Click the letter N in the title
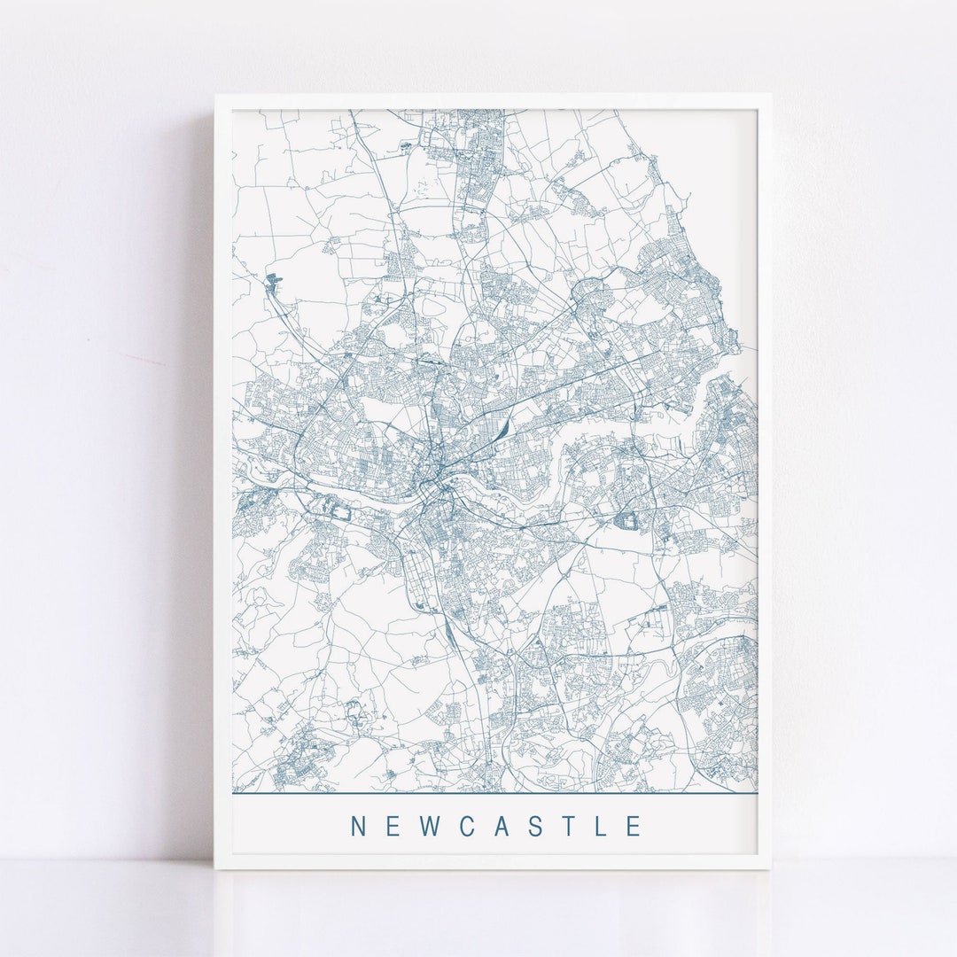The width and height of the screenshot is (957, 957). tap(359, 826)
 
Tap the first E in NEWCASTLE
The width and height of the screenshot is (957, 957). tap(393, 826)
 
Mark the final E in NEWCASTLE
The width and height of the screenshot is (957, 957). tap(634, 826)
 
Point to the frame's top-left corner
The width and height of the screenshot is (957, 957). tap(215, 96)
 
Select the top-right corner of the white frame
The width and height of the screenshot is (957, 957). tap(769, 96)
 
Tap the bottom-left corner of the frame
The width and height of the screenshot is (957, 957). tap(215, 868)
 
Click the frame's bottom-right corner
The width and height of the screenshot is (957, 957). tap(769, 868)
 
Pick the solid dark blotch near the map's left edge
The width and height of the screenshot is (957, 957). tap(271, 280)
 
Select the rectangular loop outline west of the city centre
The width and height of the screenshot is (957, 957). tap(339, 510)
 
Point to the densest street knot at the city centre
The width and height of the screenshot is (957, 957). tap(437, 483)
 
